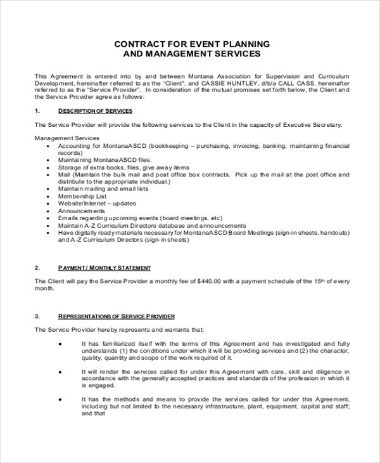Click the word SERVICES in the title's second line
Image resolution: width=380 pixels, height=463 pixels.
[234, 55]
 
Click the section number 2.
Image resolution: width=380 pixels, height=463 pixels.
[37, 268]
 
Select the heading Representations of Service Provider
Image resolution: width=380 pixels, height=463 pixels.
[117, 316]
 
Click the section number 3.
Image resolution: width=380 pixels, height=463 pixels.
[37, 316]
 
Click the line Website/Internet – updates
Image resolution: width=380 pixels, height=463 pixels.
[87, 204]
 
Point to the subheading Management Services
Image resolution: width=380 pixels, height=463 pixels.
[66, 138]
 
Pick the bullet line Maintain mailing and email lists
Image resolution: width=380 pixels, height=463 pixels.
[94, 189]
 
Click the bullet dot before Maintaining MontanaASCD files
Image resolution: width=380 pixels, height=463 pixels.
[50, 160]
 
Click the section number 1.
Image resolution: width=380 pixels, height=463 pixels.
[37, 111]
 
